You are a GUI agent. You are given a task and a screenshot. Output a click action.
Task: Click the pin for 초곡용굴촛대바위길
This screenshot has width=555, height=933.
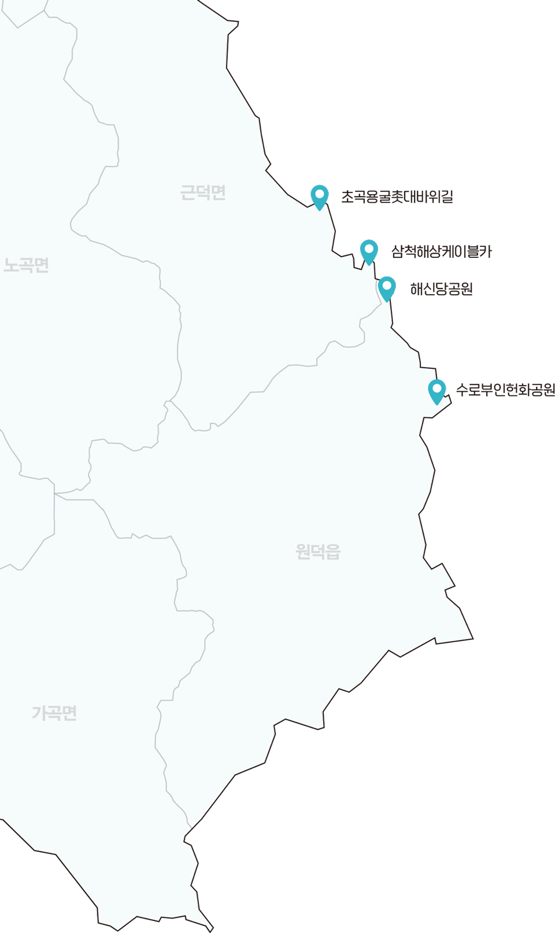[320, 197]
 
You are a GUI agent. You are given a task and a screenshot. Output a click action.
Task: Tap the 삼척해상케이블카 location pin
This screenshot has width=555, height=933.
[369, 251]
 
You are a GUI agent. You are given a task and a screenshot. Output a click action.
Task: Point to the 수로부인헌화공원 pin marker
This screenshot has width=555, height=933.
[437, 391]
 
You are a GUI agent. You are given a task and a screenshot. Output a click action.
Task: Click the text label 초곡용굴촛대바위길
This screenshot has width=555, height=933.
[397, 197]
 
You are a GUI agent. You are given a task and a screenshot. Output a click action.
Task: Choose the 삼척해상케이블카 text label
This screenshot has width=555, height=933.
[441, 251]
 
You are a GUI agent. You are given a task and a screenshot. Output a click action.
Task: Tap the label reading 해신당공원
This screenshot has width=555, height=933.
[441, 289]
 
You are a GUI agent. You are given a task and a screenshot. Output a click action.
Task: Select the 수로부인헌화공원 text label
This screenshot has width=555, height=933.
[505, 390]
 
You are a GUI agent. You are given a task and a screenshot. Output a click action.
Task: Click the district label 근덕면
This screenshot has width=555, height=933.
[203, 192]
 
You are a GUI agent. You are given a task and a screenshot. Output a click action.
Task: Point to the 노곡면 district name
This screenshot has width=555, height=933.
[27, 265]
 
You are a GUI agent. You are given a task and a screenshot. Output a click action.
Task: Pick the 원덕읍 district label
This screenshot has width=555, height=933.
[318, 551]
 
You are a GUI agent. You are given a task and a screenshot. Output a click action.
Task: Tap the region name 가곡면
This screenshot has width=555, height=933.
[54, 713]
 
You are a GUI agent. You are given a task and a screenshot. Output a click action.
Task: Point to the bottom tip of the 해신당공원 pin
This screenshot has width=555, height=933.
[387, 301]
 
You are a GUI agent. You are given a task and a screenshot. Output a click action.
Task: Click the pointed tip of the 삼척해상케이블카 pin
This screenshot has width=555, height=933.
[369, 265]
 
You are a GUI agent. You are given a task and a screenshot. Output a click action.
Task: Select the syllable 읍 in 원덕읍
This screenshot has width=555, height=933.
[333, 551]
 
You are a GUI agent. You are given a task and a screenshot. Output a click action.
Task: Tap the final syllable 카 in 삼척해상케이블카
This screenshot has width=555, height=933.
[485, 251]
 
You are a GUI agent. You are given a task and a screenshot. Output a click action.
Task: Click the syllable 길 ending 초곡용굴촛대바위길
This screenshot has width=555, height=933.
[446, 197]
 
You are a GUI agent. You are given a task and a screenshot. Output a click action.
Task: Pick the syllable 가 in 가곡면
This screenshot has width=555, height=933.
[39, 713]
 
